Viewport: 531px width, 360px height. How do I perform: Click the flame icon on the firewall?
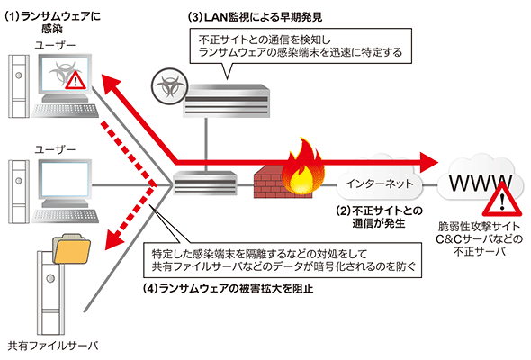(303, 166)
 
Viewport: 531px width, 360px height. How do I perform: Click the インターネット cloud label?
(380, 184)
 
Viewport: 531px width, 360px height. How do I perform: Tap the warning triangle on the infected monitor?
(76, 80)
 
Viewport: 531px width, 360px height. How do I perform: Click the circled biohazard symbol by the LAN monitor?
(169, 86)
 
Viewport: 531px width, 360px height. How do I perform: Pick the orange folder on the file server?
(71, 249)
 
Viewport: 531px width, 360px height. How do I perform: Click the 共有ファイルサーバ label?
(53, 346)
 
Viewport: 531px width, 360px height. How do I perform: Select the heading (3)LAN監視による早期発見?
(255, 17)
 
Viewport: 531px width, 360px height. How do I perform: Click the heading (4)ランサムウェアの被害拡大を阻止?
(228, 289)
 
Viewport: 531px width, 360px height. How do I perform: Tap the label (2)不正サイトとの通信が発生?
(379, 217)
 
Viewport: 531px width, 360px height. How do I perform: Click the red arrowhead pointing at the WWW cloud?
(429, 162)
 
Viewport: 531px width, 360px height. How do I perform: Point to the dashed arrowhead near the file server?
(114, 239)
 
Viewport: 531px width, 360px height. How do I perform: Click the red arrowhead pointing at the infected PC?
(111, 85)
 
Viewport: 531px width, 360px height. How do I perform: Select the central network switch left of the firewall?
(205, 183)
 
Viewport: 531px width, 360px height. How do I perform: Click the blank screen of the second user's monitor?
(67, 179)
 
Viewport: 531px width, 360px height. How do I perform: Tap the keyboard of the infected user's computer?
(65, 111)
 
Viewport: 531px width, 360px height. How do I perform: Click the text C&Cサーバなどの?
(479, 239)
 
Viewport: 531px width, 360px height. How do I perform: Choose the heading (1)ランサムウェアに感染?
(53, 22)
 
